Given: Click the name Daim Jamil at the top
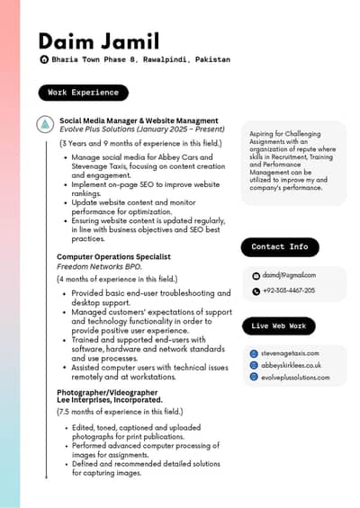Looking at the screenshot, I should coord(99,41).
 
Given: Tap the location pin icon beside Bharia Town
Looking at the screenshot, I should coord(44,59).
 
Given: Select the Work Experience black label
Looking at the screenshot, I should coord(83,93).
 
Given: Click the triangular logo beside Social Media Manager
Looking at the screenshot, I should coord(45,123).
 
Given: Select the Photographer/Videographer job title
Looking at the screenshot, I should coord(107,392).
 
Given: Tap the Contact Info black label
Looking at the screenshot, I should coord(280,246).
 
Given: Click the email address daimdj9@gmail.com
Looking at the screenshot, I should coord(289,275).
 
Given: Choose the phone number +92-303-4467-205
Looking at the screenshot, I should coord(289,291).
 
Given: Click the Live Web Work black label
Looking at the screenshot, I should coord(278,325).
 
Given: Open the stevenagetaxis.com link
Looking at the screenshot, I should coord(290,353).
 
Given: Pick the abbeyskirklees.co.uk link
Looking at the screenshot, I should coord(291,365).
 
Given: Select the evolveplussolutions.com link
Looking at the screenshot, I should coord(296,377).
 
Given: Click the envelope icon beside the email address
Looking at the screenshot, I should coord(256,275).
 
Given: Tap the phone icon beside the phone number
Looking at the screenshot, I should coord(256,291).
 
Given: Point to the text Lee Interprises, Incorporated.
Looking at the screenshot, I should coord(110,400).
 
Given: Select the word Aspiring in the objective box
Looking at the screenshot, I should coord(264,134).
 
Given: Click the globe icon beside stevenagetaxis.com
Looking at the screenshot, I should coord(254,353).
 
